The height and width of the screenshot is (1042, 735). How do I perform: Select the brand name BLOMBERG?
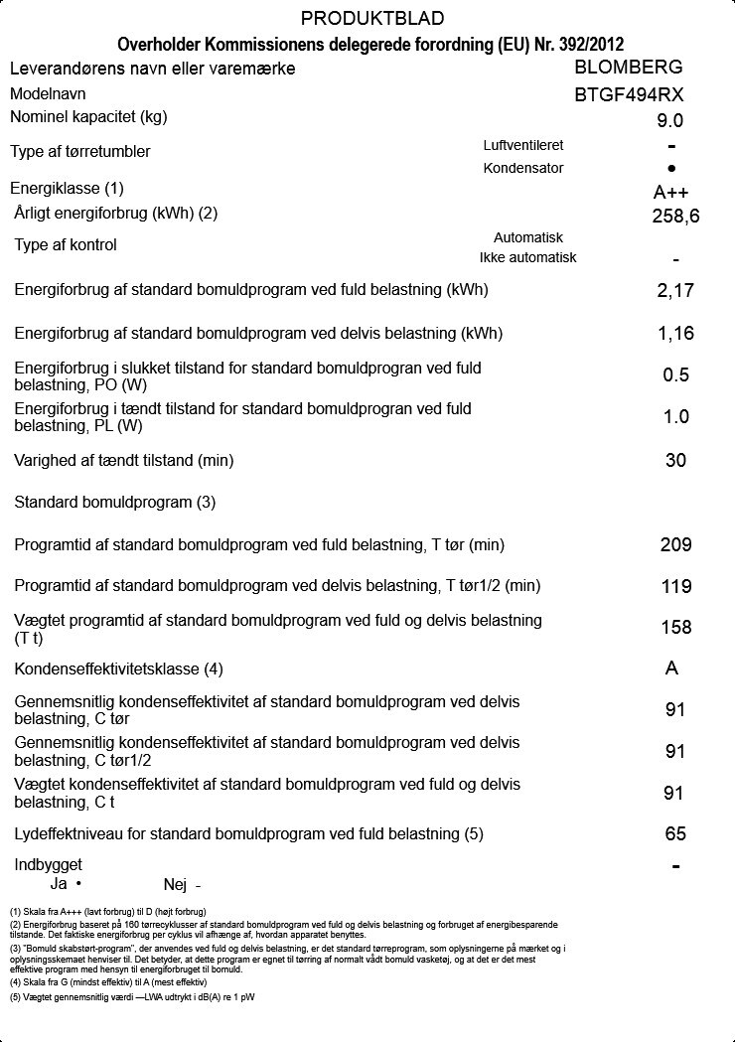point(629,68)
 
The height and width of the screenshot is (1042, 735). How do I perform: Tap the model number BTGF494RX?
point(629,95)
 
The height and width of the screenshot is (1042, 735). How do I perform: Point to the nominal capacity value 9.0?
point(670,121)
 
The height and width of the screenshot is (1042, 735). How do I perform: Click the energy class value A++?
point(671,193)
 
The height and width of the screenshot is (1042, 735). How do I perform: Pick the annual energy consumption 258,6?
point(675,216)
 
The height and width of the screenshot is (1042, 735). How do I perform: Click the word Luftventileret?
point(522,145)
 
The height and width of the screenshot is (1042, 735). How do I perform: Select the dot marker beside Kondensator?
point(672,169)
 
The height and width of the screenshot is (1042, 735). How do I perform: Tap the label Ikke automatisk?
point(527,258)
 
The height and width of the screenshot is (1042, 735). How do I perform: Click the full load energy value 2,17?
point(675,291)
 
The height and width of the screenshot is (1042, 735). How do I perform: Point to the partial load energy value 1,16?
point(675,334)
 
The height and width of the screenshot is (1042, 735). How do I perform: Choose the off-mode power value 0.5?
point(675,375)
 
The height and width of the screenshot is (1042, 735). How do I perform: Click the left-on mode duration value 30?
point(675,461)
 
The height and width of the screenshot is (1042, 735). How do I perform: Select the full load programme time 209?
point(675,545)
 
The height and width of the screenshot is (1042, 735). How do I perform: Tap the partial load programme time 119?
point(675,587)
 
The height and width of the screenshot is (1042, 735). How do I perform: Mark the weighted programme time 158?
point(675,628)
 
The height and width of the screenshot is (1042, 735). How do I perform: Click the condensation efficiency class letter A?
point(672,669)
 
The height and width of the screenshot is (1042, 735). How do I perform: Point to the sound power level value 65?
point(675,834)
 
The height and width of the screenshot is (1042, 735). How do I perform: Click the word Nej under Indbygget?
point(175,884)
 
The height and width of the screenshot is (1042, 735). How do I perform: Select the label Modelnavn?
point(48,94)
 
